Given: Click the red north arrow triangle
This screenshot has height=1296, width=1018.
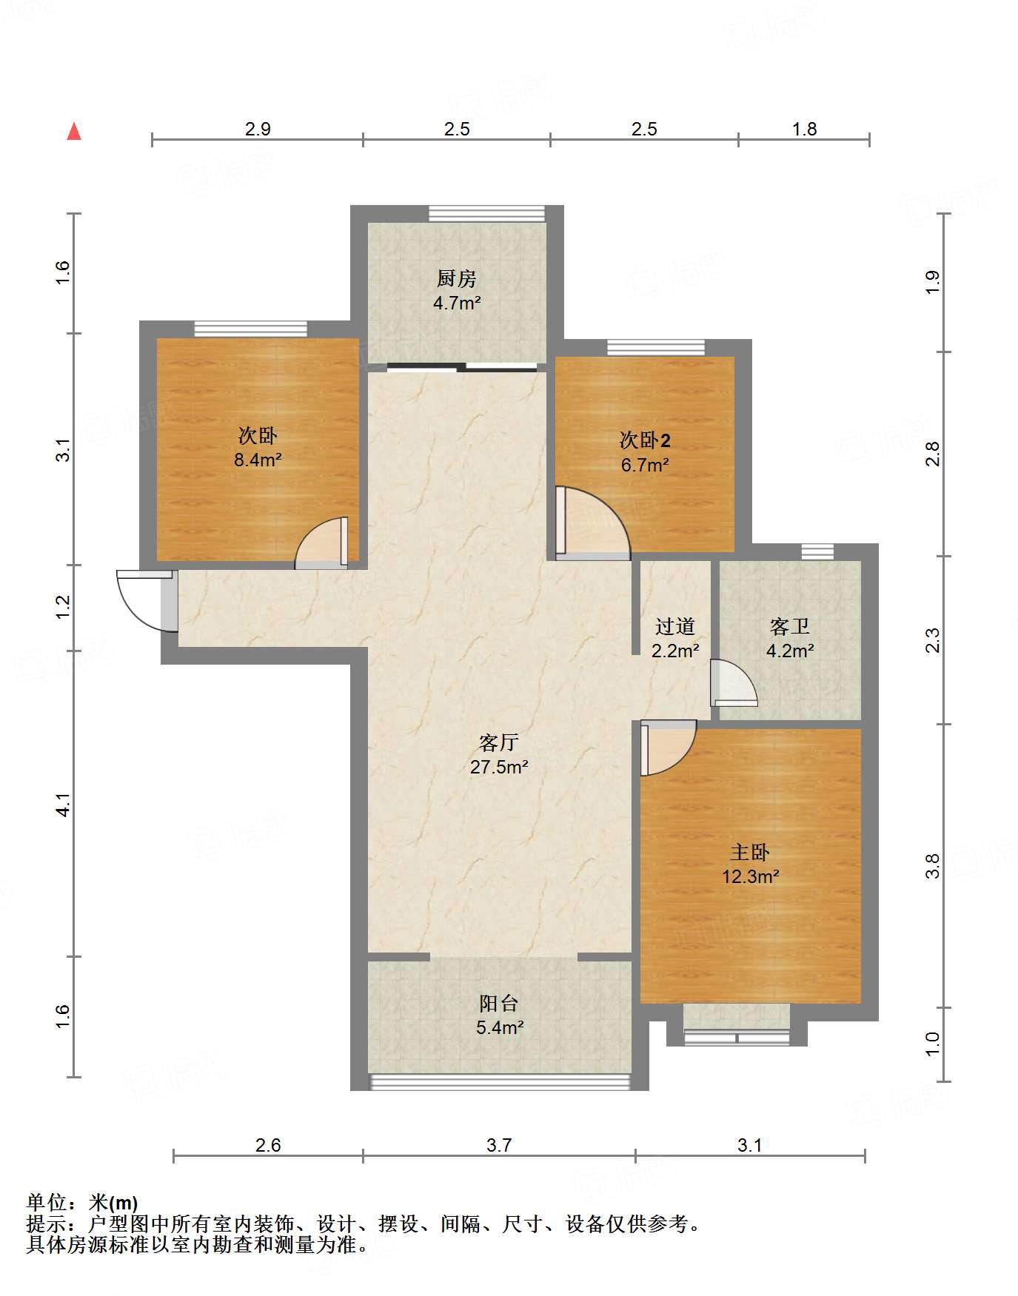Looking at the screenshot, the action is pyautogui.click(x=74, y=131).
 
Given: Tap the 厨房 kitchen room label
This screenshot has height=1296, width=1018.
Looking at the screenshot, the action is pyautogui.click(x=457, y=278).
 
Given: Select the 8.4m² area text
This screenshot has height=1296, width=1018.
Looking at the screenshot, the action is pyautogui.click(x=258, y=460).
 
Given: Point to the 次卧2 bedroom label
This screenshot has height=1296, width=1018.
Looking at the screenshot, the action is pyautogui.click(x=645, y=440).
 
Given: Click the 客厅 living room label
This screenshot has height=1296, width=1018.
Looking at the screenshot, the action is pyautogui.click(x=499, y=742).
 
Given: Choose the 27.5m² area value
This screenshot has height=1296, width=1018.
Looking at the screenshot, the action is pyautogui.click(x=499, y=767).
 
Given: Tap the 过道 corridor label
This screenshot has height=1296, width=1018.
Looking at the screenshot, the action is pyautogui.click(x=675, y=626).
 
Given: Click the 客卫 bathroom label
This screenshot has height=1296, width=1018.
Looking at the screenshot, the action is pyautogui.click(x=790, y=626).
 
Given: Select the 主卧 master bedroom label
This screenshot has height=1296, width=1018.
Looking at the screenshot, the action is pyautogui.click(x=750, y=852).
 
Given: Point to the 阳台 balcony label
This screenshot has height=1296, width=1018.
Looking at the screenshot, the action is pyautogui.click(x=499, y=1003).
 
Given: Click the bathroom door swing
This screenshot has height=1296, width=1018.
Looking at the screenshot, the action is pyautogui.click(x=734, y=682).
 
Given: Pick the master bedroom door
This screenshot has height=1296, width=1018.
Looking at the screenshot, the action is pyautogui.click(x=668, y=748).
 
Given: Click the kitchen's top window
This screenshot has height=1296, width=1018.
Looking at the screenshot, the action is pyautogui.click(x=487, y=213).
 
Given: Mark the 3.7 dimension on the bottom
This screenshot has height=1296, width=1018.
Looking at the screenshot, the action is pyautogui.click(x=499, y=1145).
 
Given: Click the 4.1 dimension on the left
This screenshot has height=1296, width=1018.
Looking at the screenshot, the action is pyautogui.click(x=64, y=805).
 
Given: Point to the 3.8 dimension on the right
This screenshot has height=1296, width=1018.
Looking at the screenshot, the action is pyautogui.click(x=933, y=866).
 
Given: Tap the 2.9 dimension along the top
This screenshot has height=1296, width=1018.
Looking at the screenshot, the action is pyautogui.click(x=258, y=129).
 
